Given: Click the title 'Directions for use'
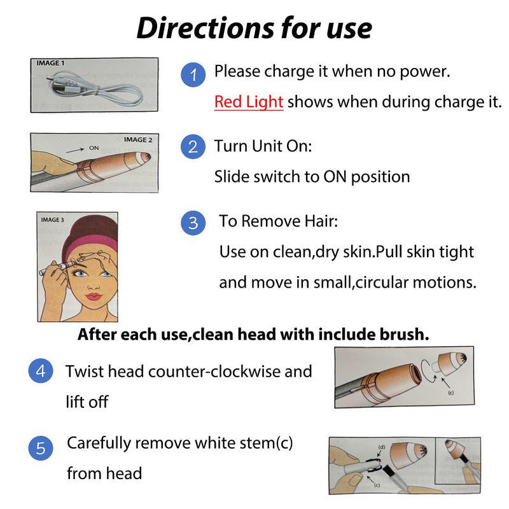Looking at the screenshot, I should [254, 28].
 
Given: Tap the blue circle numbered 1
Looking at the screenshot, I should [193, 76].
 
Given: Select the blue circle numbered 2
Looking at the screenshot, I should [193, 147].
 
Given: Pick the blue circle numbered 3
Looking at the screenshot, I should [193, 223].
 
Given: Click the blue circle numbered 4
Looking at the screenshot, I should [41, 371].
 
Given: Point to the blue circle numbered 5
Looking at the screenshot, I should [41, 449].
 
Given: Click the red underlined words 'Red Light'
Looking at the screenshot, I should [249, 102].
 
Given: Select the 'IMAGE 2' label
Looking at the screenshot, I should [138, 139].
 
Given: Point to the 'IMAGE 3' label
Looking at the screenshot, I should [52, 220].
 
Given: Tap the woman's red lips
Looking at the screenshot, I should [93, 296].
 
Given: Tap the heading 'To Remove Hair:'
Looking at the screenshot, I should [278, 221].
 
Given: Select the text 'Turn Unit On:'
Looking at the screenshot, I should [263, 147].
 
